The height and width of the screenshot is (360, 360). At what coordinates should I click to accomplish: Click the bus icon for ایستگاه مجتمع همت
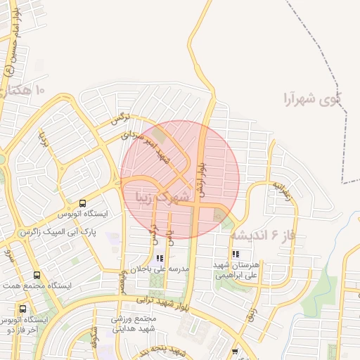[x=37, y=275]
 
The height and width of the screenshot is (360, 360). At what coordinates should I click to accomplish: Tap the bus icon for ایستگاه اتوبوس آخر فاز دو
[x=24, y=308]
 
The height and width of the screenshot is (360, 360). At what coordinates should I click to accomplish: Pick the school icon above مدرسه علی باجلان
[x=160, y=258]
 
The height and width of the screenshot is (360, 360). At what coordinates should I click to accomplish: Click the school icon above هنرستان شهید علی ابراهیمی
[x=235, y=254]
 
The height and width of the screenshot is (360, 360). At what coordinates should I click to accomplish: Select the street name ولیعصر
[x=124, y=278]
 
